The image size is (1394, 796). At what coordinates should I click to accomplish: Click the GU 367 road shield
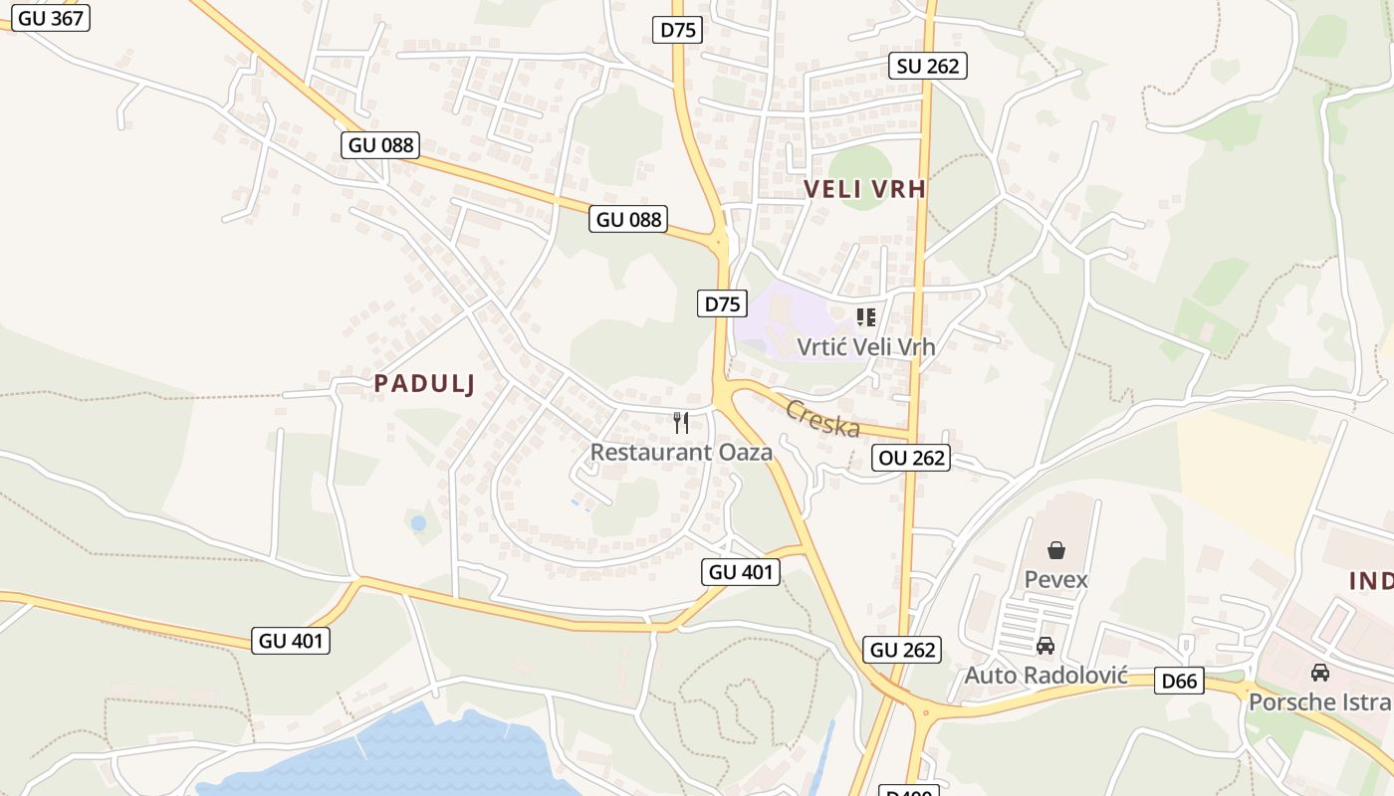(x=51, y=17)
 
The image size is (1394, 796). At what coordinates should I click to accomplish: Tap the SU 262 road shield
(x=928, y=66)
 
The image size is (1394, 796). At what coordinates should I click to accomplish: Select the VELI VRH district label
(x=864, y=189)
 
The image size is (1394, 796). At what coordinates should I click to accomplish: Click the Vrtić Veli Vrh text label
(x=866, y=347)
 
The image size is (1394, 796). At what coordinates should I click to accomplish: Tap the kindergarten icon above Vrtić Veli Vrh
(x=866, y=317)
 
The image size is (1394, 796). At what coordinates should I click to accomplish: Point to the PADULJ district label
(x=424, y=383)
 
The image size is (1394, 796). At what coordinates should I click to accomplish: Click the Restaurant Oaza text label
(x=681, y=452)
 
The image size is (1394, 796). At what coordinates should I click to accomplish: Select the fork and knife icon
(x=681, y=423)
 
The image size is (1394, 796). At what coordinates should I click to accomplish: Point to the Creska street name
(x=822, y=418)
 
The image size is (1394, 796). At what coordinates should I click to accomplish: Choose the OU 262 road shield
(x=910, y=458)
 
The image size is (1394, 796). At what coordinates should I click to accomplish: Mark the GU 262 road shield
(x=903, y=650)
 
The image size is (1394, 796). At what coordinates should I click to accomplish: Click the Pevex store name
(x=1056, y=579)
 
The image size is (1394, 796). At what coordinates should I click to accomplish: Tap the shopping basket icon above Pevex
(x=1056, y=550)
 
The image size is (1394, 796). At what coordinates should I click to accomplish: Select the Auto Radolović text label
(x=1045, y=676)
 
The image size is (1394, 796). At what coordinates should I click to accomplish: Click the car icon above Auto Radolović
(x=1045, y=647)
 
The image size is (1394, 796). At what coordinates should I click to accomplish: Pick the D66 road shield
(x=1180, y=681)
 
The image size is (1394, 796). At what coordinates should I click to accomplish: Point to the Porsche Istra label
(x=1320, y=701)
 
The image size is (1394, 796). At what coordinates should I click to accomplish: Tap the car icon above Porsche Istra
(x=1320, y=673)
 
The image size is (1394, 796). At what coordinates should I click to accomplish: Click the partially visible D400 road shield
(x=909, y=790)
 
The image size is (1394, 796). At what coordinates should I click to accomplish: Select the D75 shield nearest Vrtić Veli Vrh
(x=721, y=303)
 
